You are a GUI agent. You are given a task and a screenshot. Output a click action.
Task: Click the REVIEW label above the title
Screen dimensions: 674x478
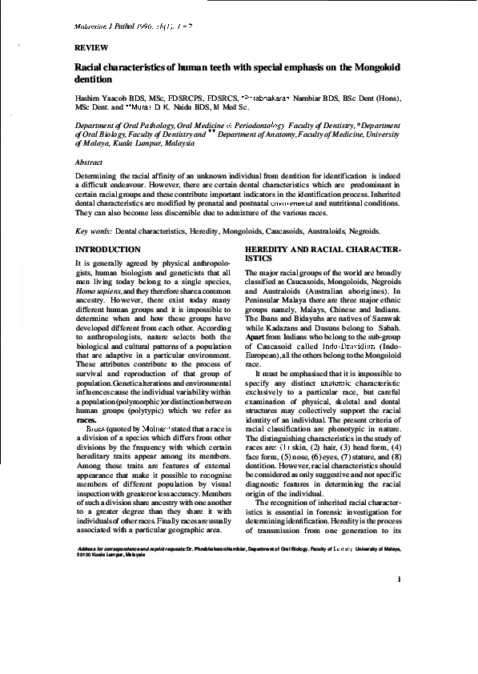coord(90,48)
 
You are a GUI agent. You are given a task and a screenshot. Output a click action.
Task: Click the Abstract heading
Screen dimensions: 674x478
coord(89,162)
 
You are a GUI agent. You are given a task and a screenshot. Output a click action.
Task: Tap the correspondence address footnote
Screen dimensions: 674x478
coord(239,552)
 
